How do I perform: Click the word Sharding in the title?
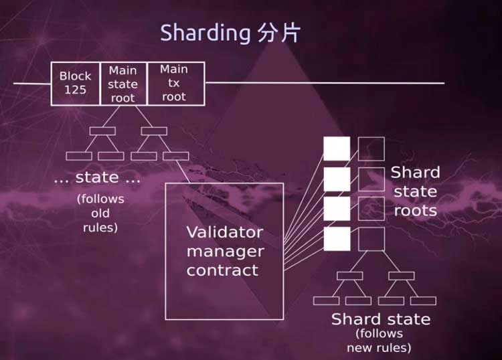pos(205,33)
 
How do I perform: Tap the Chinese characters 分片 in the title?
pos(278,33)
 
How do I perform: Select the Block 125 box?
pos(75,84)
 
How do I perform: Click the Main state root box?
pos(123,84)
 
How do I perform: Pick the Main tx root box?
pos(176,84)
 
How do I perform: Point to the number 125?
pos(75,90)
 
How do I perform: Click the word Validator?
pos(225,232)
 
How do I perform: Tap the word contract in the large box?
pos(222,270)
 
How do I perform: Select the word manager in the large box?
pos(226,252)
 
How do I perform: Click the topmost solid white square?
pos(337,149)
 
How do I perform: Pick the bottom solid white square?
pos(337,239)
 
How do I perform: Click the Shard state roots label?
pos(415,191)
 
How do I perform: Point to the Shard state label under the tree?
pos(381,319)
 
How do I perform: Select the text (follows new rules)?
pos(380,341)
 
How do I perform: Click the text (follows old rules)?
pos(100,213)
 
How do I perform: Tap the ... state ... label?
pos(97,177)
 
